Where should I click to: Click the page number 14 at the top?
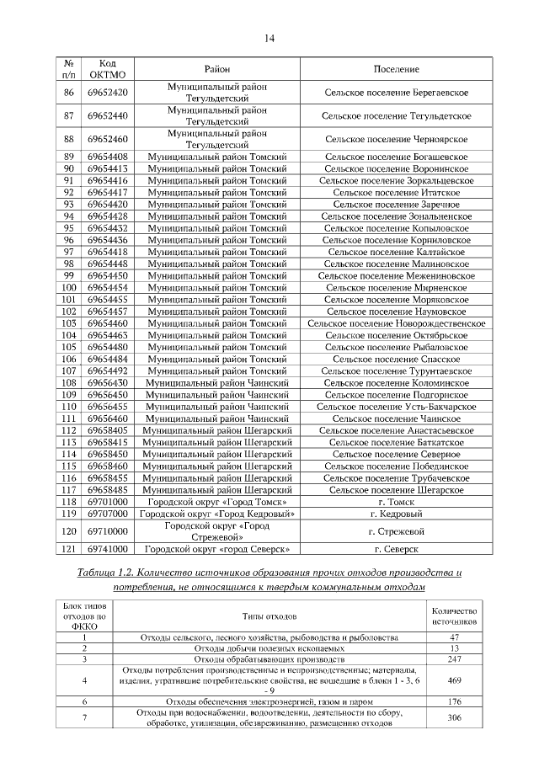[269, 38]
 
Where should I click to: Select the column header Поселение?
[396, 69]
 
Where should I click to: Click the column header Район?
[216, 69]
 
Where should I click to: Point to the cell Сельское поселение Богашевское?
[396, 157]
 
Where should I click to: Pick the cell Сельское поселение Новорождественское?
[396, 322]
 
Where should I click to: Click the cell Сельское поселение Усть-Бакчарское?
[396, 406]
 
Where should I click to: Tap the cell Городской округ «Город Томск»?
[216, 501]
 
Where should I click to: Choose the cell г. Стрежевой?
[396, 531]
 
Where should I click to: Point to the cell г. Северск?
[396, 549]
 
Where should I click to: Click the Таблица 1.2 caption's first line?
[269, 573]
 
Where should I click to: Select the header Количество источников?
[454, 615]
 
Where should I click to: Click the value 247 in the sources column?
[454, 659]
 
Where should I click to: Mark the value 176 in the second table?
[454, 701]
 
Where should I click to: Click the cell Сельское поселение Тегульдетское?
[396, 115]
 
